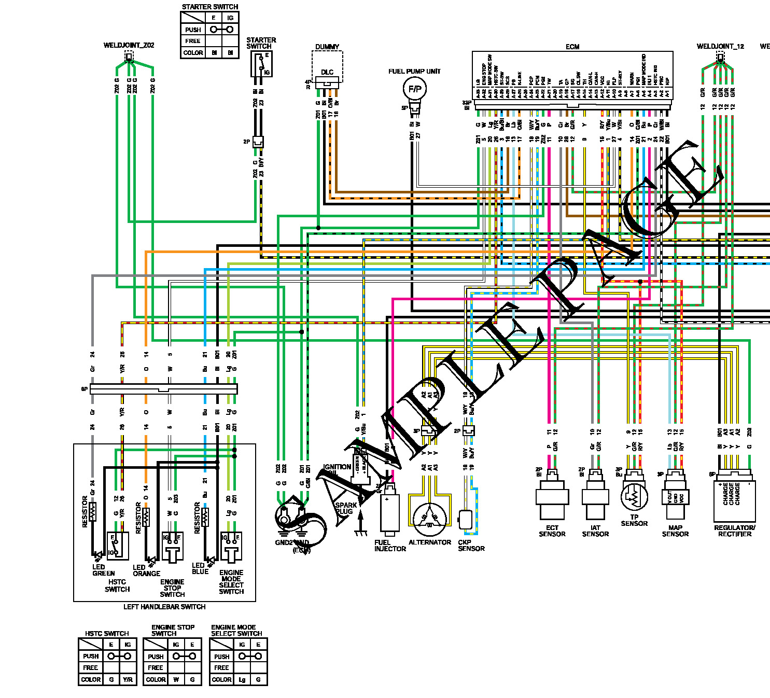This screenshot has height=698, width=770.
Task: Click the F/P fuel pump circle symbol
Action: point(414,89)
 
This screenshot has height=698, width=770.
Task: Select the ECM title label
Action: point(572,47)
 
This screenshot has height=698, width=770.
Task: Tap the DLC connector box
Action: point(327,73)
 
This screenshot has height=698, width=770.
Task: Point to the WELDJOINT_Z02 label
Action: point(129,45)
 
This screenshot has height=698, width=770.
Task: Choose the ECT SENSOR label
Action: point(552,531)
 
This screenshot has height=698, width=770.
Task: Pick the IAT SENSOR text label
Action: point(595,531)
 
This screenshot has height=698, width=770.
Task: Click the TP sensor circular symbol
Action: point(634,496)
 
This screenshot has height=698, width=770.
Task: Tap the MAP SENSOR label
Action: point(675,531)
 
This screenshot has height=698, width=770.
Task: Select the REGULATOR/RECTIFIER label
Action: point(735,531)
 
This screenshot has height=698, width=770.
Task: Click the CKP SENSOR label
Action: point(471,546)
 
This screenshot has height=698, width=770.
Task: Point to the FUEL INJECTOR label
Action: point(390,546)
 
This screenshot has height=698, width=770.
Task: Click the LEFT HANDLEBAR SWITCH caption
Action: point(164,607)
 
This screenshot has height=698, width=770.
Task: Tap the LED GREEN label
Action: point(103,570)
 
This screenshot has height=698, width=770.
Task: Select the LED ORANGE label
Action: point(146,570)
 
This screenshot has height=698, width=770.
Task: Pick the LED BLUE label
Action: point(200,568)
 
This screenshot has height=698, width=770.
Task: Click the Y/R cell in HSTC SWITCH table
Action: point(128,679)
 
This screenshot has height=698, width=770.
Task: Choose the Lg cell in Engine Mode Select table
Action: point(242,679)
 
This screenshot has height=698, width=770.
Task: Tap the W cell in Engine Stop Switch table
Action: point(176,679)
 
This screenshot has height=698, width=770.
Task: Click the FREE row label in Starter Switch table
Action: point(193,41)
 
